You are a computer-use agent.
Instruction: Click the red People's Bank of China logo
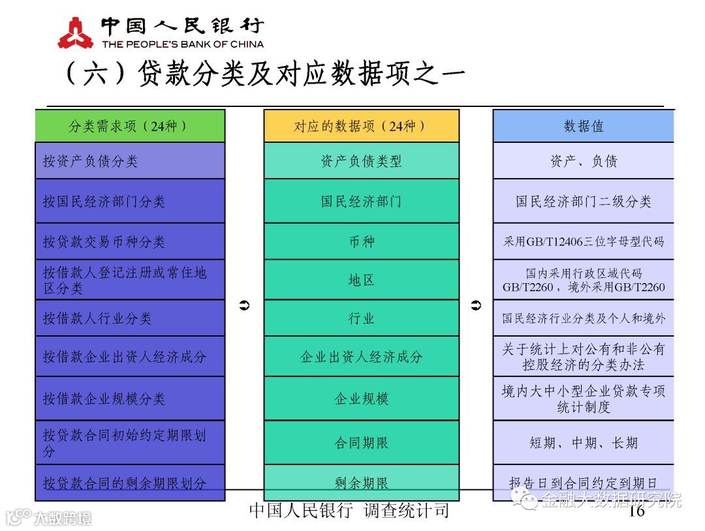click(76, 33)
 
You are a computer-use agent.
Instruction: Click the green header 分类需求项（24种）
click(129, 126)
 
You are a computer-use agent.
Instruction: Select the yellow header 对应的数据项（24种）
click(361, 126)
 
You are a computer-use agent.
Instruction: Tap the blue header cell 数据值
click(583, 126)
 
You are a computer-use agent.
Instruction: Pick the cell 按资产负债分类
click(129, 161)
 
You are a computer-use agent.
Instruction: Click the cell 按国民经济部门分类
click(129, 202)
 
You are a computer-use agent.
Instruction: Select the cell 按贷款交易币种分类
click(129, 242)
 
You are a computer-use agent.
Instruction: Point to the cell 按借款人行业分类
click(129, 318)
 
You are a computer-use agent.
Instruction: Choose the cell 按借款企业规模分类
click(129, 399)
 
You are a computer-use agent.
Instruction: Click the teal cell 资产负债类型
click(361, 161)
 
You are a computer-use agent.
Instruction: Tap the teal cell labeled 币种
click(361, 242)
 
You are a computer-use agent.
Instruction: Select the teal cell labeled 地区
click(361, 280)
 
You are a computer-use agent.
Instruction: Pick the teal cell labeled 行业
click(361, 318)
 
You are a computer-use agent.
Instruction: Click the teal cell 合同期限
click(361, 443)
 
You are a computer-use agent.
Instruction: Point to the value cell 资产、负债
click(583, 161)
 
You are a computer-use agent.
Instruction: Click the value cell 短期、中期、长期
click(583, 443)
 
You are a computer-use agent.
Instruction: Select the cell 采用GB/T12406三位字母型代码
click(583, 242)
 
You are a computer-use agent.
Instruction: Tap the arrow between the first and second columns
click(245, 305)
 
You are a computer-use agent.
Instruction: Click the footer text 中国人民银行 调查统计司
click(349, 510)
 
